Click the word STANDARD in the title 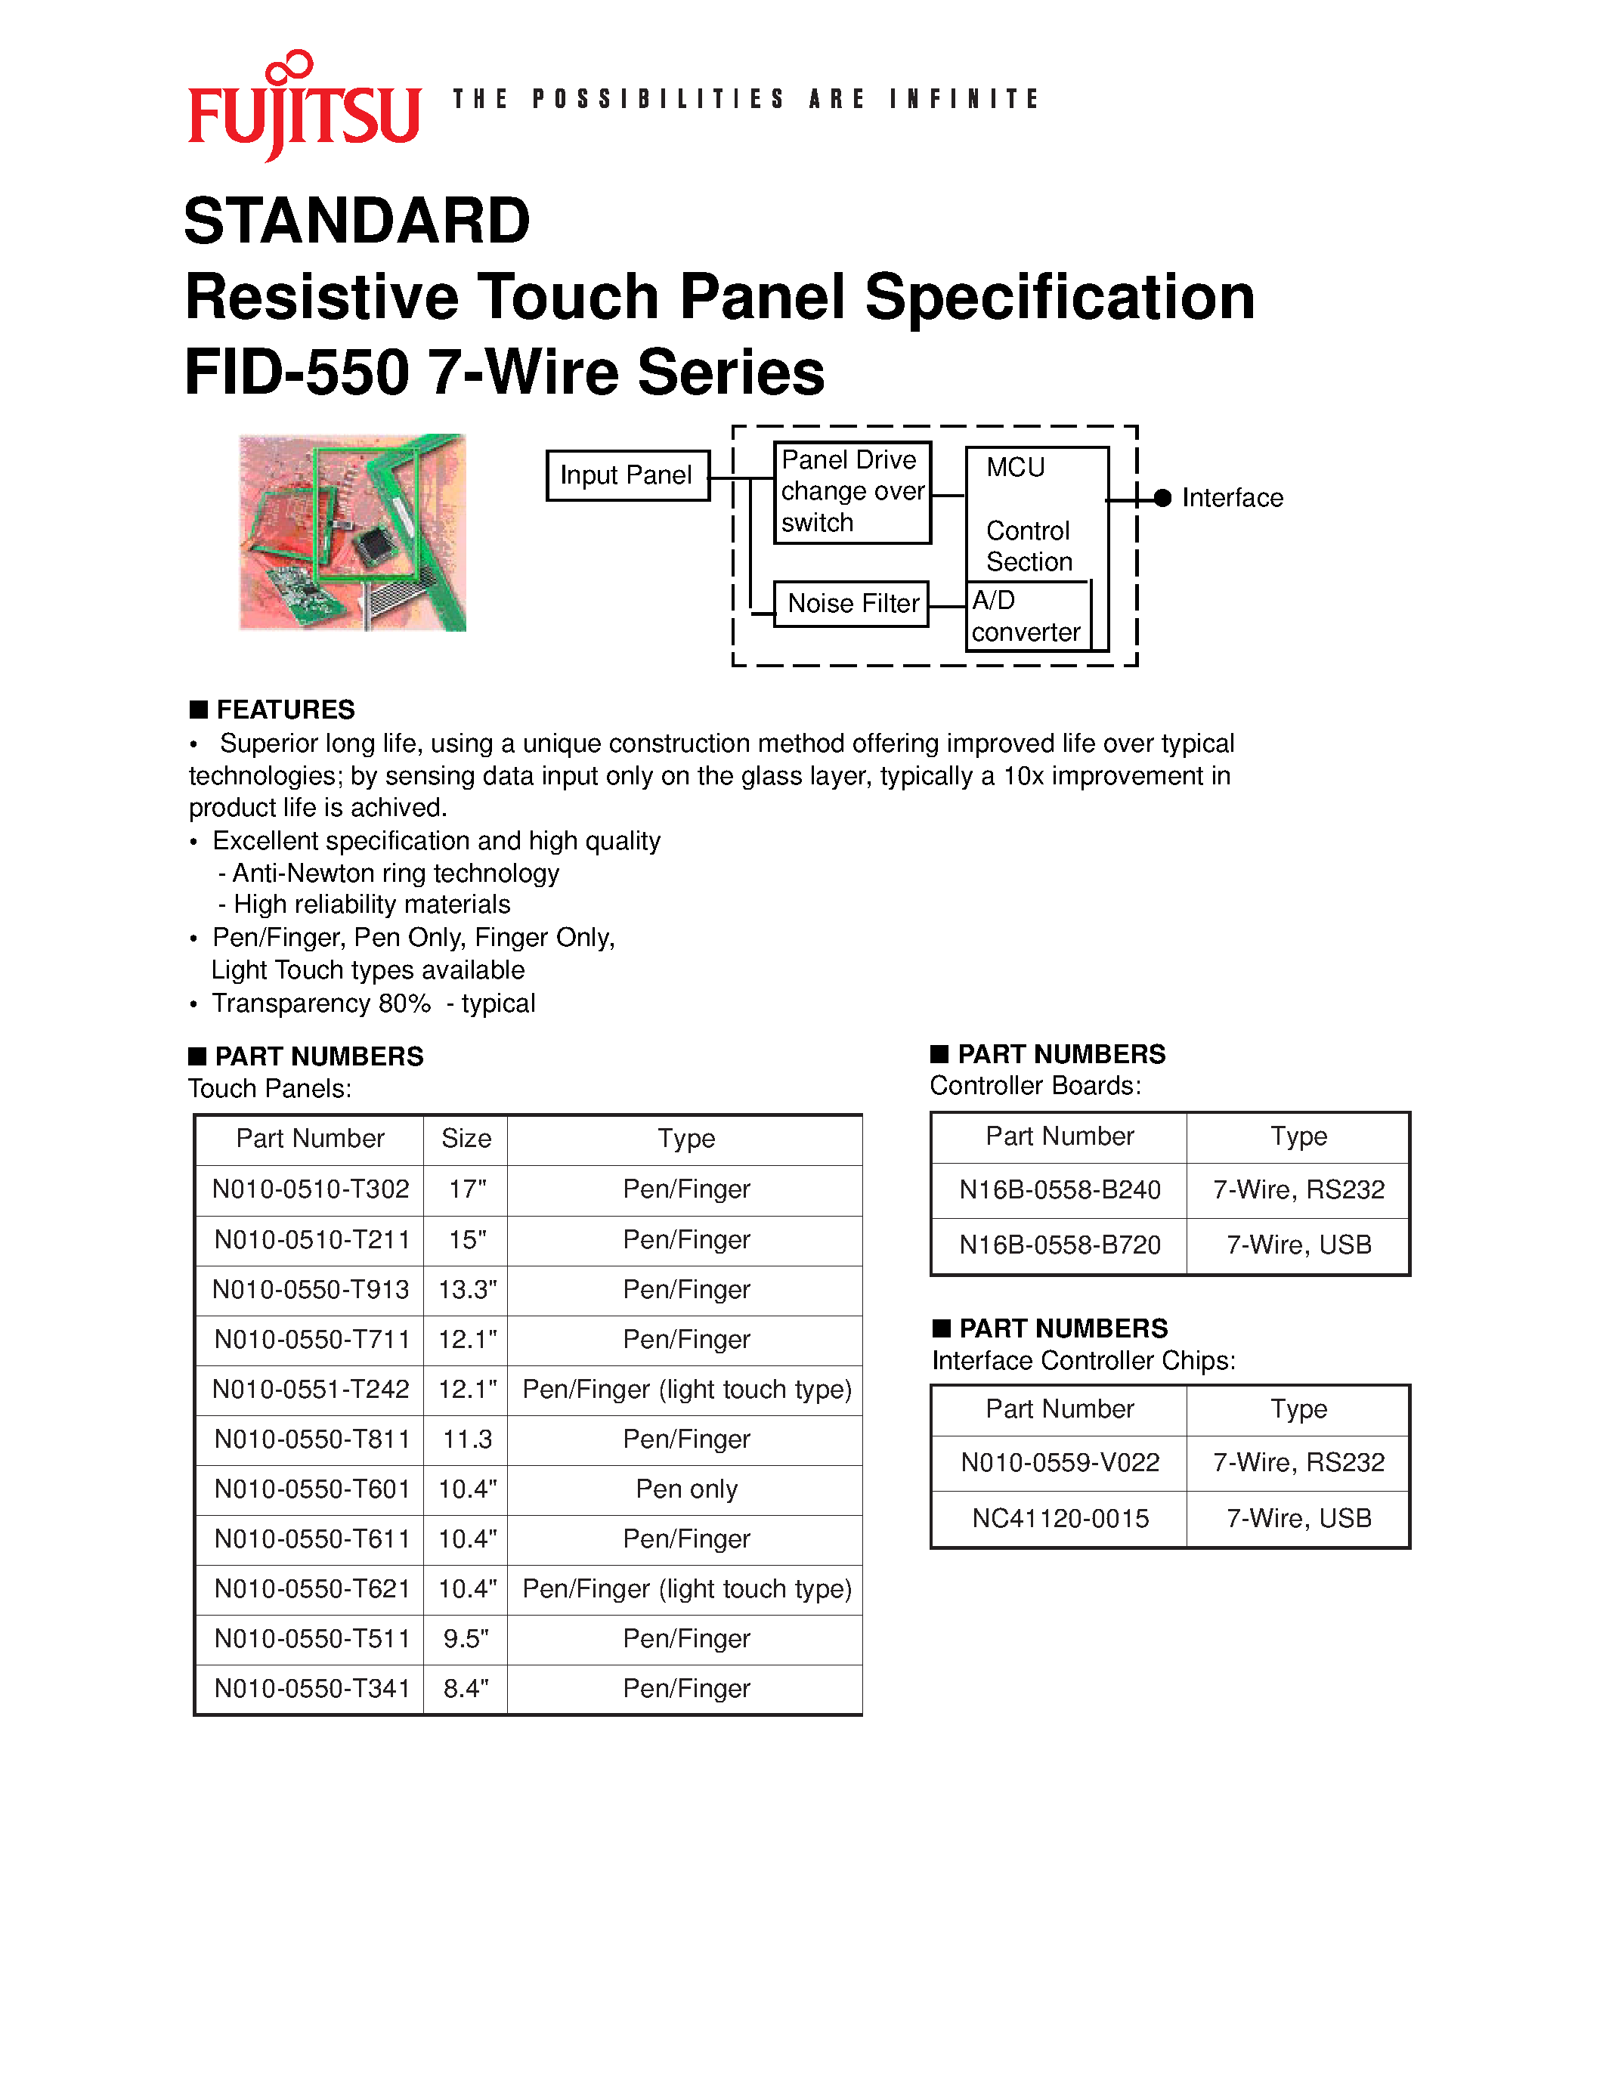click(357, 221)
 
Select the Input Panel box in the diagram click(627, 475)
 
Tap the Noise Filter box click(852, 603)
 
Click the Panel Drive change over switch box click(852, 492)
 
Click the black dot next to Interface click(1162, 498)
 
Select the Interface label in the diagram click(1232, 498)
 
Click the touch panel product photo click(353, 532)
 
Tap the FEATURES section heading click(284, 710)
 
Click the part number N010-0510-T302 click(310, 1189)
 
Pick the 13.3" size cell click(466, 1289)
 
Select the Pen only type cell click(686, 1489)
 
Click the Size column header click(466, 1139)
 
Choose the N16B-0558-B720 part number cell click(1060, 1245)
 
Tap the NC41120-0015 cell click(1060, 1519)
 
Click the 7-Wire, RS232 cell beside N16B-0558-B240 click(1298, 1189)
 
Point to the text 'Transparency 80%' click(322, 1003)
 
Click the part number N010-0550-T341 click(311, 1689)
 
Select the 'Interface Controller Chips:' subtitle click(1084, 1361)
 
